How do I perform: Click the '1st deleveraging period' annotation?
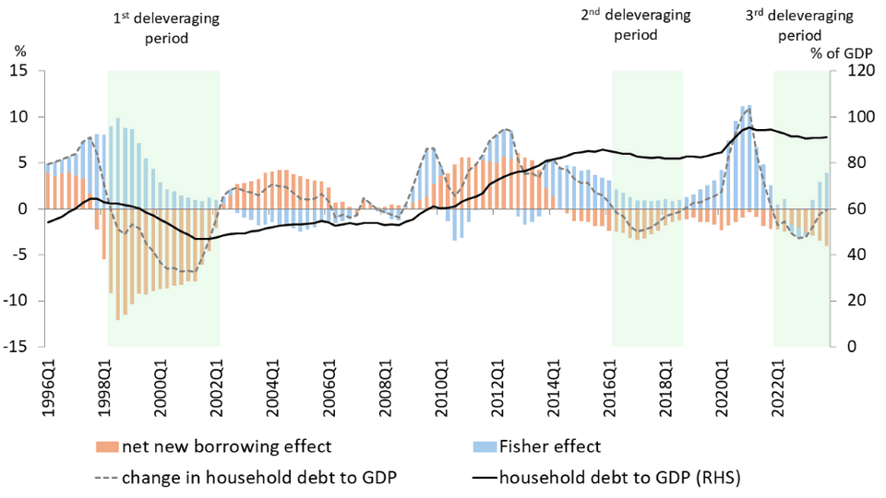(x=160, y=29)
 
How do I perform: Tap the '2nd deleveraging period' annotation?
(x=635, y=25)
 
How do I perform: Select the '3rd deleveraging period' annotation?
(x=798, y=27)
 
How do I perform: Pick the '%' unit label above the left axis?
(x=20, y=53)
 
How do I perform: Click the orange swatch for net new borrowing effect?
(x=107, y=447)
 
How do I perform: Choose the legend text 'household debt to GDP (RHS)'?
(x=620, y=478)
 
